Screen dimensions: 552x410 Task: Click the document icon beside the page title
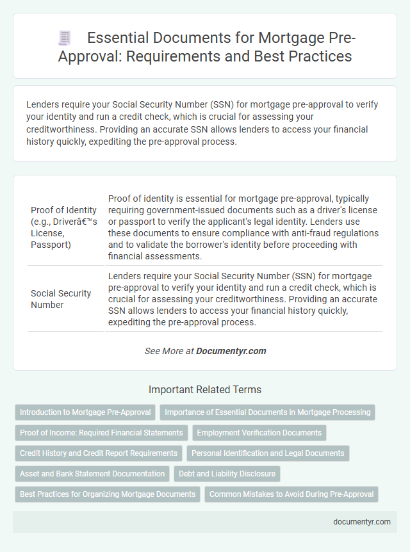pos(65,38)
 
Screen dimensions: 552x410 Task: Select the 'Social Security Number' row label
pos(61,299)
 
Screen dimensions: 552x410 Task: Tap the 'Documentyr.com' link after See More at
pos(231,351)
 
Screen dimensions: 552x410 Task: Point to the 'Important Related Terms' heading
pos(205,389)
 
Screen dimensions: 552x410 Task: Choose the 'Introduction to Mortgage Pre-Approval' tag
pos(85,412)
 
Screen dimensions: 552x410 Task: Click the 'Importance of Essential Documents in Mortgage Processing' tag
pos(267,412)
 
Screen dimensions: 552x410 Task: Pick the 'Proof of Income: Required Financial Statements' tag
pos(101,433)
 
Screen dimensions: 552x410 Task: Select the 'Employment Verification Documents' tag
pos(259,433)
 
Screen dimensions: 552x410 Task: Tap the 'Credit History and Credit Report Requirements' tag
pos(99,453)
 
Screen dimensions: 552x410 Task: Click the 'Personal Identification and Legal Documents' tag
pos(268,453)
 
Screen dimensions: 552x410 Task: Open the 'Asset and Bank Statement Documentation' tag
pos(92,474)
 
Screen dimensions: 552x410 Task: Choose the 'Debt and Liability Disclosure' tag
pos(227,474)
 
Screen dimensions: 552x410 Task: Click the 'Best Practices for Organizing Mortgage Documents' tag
pos(108,494)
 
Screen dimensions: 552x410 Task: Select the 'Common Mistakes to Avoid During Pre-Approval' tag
pos(291,494)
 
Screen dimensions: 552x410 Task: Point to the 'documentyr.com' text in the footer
pos(362,521)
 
